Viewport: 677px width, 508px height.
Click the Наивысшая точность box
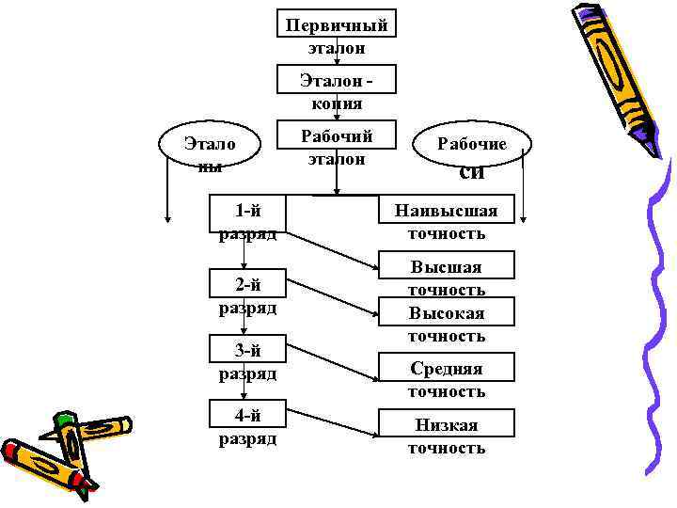[x=447, y=211]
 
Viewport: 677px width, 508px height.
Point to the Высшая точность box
[x=447, y=266]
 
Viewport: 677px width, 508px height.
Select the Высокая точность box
[x=447, y=311]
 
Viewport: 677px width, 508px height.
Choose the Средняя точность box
[x=447, y=368]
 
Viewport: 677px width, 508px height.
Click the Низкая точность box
[x=447, y=424]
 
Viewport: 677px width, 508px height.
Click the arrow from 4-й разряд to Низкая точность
[x=329, y=427]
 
